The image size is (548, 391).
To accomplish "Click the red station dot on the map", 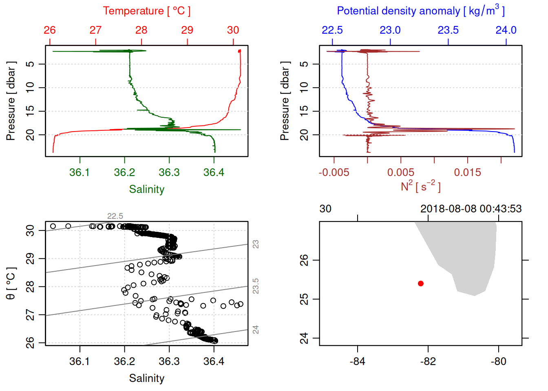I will click(x=421, y=283).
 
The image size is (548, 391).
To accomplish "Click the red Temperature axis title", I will click(x=146, y=11).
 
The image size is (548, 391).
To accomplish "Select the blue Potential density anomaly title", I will click(x=420, y=11).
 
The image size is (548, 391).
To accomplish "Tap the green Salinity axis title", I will click(x=146, y=189).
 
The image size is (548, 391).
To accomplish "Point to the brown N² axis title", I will click(x=420, y=187).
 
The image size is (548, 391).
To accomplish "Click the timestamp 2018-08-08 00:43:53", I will click(x=471, y=209).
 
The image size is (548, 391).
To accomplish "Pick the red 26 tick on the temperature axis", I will click(x=50, y=30).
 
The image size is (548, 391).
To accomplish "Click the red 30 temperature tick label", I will click(x=233, y=30).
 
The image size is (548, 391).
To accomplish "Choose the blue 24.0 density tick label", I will click(x=506, y=30).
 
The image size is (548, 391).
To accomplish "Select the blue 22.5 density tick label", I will click(x=332, y=30).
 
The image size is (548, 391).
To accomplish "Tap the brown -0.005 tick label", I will click(x=334, y=173).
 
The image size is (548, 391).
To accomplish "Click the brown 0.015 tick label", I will click(x=467, y=173).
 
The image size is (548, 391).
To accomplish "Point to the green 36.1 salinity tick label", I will click(x=80, y=173).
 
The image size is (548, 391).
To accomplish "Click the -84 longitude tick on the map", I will click(x=358, y=362).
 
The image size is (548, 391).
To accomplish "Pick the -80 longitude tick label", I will click(x=498, y=362).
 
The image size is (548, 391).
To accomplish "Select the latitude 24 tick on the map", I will click(x=304, y=338).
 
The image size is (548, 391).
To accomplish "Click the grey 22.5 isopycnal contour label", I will click(x=115, y=216).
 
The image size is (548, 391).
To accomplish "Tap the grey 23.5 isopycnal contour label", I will click(x=256, y=286).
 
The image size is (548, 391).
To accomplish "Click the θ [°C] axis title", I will click(x=11, y=283).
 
